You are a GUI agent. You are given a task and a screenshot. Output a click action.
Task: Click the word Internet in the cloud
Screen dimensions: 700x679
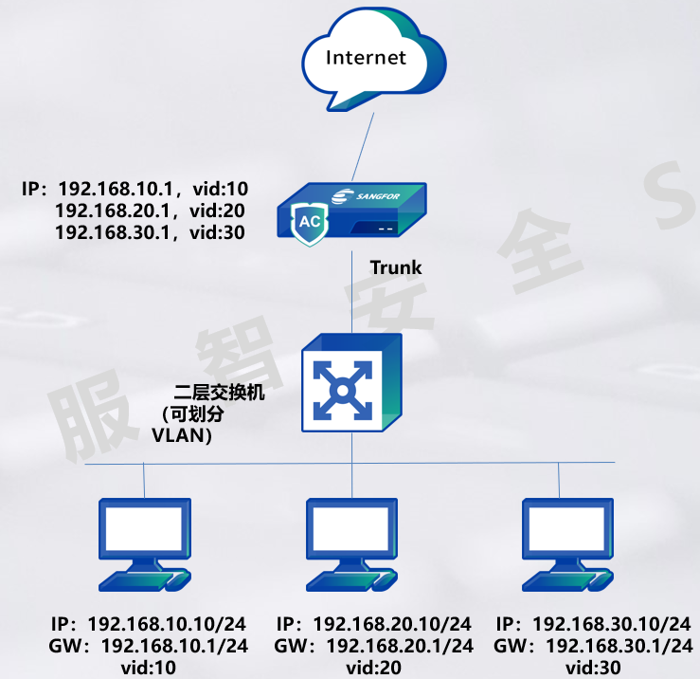366,58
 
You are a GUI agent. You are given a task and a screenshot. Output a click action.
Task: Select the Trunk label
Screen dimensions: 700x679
396,267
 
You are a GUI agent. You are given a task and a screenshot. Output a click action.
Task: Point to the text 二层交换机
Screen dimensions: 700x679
220,391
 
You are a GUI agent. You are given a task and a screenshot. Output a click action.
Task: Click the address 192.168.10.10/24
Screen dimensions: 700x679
167,624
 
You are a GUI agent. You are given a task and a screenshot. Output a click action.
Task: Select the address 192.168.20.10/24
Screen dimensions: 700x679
391,624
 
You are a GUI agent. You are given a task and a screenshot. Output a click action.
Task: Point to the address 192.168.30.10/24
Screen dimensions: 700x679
612,624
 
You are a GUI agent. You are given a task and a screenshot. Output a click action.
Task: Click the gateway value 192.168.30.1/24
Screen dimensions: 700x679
618,646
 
